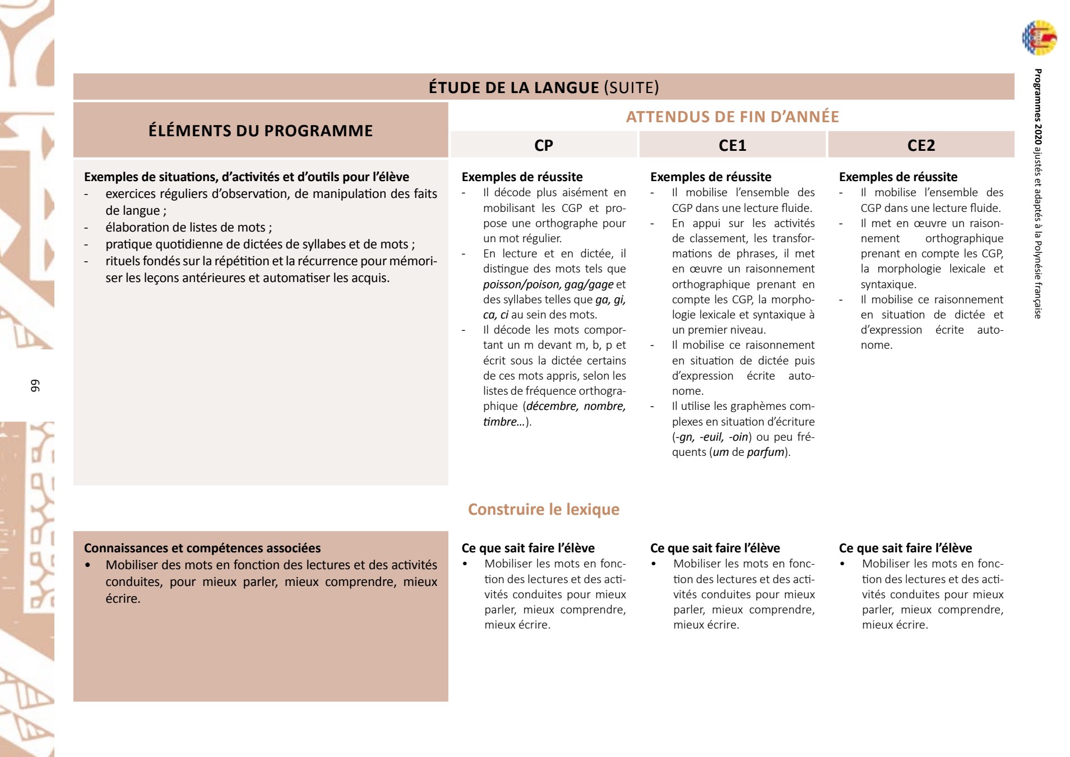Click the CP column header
(x=543, y=145)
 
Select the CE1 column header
(x=732, y=145)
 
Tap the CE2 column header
(x=921, y=145)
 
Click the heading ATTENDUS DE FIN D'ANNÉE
(x=732, y=117)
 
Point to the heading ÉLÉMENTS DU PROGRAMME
(x=261, y=131)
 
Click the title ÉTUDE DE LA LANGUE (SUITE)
(x=544, y=87)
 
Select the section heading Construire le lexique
(x=544, y=509)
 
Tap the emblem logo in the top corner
(x=1039, y=38)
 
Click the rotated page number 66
(x=35, y=386)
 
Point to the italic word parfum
(x=765, y=452)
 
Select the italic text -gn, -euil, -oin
(x=713, y=437)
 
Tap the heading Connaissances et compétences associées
(x=202, y=548)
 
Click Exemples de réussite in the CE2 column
(x=898, y=177)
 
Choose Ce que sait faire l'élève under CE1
(x=715, y=548)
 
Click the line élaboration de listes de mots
(x=188, y=227)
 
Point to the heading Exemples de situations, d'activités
(x=247, y=177)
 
